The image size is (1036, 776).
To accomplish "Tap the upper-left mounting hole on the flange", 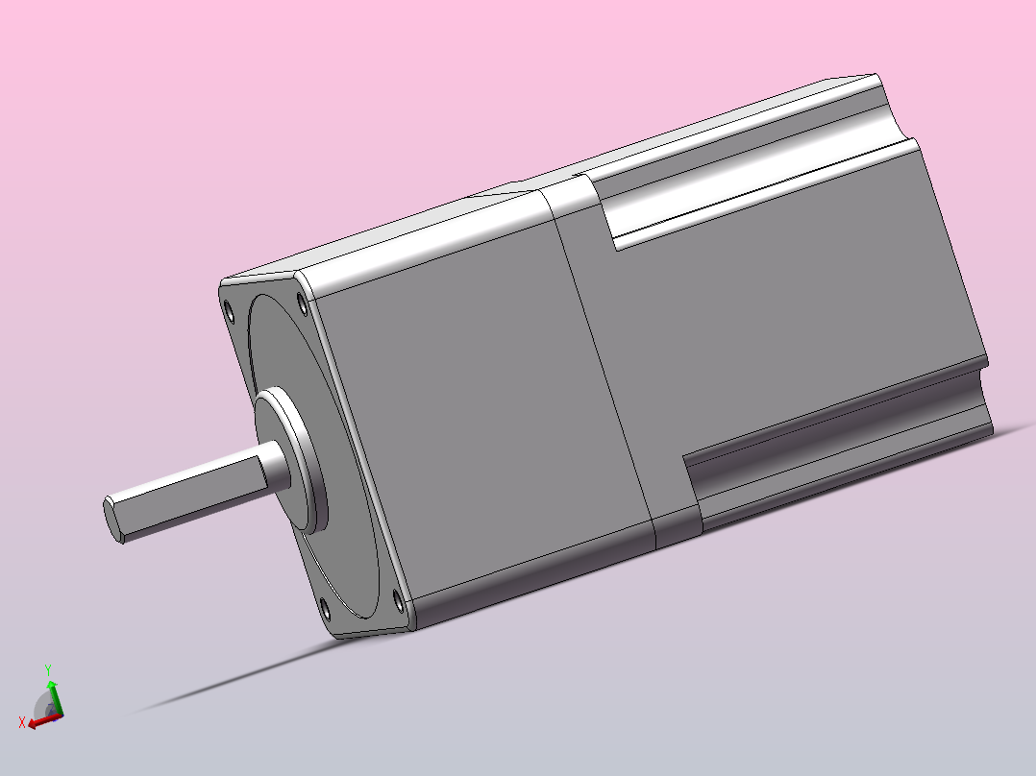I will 229,310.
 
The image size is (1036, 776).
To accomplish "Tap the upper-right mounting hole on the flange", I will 304,305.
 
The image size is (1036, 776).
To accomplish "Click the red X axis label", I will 21,722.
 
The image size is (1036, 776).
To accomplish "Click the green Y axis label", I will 48,669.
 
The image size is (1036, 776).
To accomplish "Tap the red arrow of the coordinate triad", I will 38,721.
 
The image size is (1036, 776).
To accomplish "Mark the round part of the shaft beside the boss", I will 278,467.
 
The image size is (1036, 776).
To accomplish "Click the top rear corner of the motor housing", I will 876,76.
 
